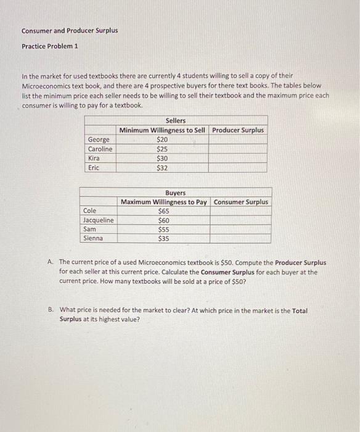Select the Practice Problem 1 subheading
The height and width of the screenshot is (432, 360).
[50, 46]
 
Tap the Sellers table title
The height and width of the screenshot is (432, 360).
[176, 121]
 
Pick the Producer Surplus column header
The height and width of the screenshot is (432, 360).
[239, 130]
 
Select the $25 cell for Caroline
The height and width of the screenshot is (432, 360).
[163, 149]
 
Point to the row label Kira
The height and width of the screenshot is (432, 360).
[94, 158]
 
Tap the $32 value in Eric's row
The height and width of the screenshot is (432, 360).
[163, 167]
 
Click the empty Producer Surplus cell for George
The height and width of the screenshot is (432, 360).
[239, 139]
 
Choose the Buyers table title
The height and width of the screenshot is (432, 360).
[175, 193]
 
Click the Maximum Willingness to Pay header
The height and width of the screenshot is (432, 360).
[164, 202]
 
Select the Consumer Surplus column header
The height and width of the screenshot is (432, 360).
[241, 202]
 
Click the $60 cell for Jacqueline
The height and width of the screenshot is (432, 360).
[163, 220]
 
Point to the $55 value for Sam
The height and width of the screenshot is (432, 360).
[163, 229]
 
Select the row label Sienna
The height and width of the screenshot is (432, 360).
[94, 238]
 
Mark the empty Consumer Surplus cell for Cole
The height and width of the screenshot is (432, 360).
[241, 211]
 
